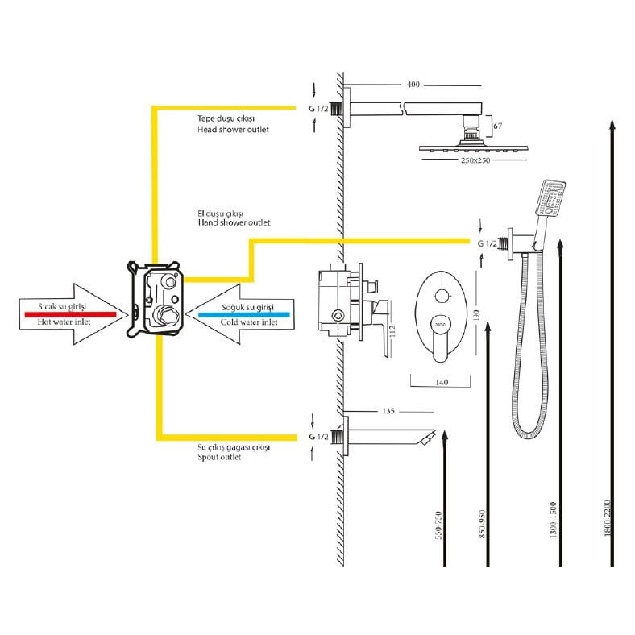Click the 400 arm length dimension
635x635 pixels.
pos(413,85)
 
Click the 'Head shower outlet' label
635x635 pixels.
pos(233,129)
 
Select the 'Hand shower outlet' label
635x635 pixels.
pos(233,222)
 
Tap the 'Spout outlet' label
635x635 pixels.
pos(219,457)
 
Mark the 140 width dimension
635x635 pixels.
pos(441,384)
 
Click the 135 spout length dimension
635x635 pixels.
pos(388,411)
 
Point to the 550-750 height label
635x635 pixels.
pos(438,526)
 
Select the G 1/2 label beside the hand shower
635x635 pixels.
pos(487,243)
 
